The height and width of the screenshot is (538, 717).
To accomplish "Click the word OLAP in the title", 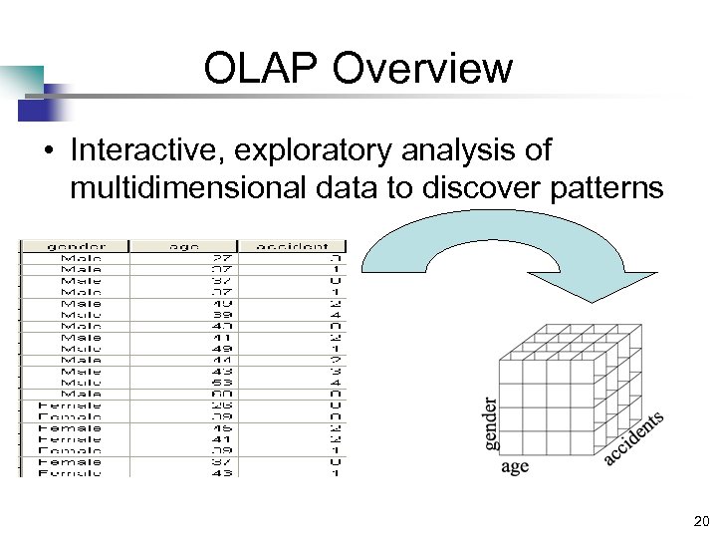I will point(261,69).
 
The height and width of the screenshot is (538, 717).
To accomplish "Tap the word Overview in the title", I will point(423,69).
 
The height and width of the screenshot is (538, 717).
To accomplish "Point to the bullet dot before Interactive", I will point(47,151).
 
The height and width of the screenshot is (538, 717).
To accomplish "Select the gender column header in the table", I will point(76,245).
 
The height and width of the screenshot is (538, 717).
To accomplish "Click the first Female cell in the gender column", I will point(69,404).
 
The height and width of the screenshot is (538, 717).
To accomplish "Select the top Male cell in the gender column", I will point(81,257).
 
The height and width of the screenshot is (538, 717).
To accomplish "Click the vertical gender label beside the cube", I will point(491,424).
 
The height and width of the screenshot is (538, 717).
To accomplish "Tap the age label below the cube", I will point(515,466).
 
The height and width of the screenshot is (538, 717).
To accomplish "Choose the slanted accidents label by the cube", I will point(632,438).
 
